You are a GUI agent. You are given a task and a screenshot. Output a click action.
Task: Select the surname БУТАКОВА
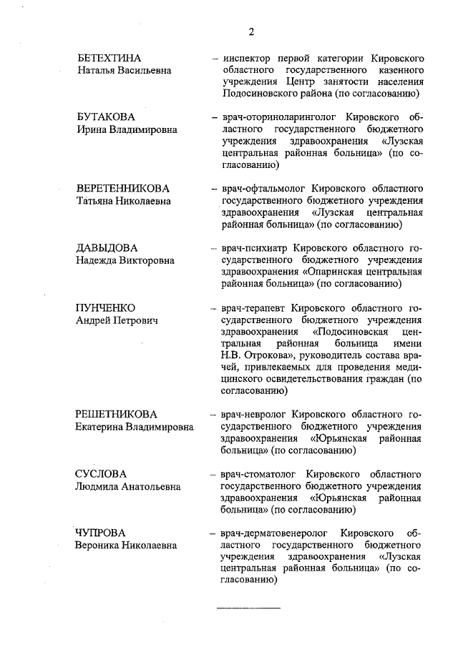[x=106, y=117]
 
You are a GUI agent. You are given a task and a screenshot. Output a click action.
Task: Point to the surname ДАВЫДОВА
[x=107, y=248]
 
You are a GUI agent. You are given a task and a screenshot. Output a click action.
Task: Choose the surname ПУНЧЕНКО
[x=106, y=307]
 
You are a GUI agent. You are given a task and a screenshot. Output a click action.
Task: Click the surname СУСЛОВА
[x=102, y=474]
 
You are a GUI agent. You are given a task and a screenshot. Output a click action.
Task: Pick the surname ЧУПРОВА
[x=101, y=533]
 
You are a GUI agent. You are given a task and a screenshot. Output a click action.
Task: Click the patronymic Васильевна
[x=146, y=71]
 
